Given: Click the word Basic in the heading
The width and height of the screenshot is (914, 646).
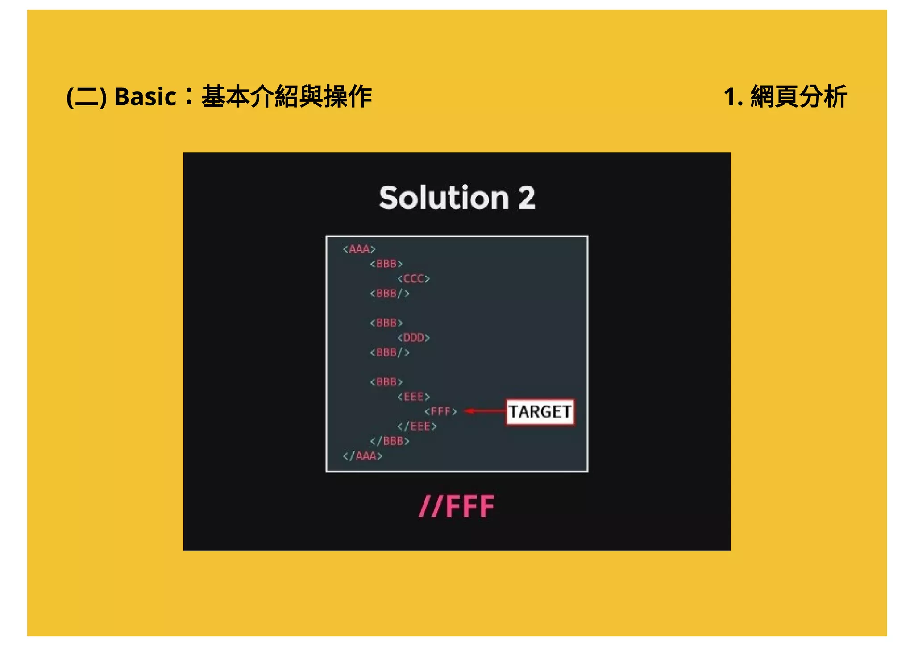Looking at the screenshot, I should [x=145, y=96].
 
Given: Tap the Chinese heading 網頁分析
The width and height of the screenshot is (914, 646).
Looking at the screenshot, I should [x=798, y=96].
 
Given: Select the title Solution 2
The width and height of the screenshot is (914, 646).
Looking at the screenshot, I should [x=457, y=197].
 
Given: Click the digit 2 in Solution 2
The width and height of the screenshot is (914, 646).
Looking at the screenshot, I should [x=527, y=197].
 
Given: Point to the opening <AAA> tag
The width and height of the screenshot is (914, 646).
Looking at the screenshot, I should [x=359, y=249].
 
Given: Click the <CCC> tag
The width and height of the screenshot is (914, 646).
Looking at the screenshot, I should [x=413, y=279].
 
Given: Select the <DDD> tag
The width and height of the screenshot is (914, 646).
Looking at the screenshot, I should [x=413, y=338].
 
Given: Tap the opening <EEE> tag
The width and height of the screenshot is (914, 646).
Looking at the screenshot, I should [x=413, y=397].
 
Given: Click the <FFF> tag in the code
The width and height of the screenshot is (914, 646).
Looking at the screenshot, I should [x=440, y=411].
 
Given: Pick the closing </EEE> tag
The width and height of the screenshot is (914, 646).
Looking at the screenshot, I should [x=417, y=427].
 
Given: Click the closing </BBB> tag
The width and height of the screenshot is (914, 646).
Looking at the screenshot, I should [x=390, y=441].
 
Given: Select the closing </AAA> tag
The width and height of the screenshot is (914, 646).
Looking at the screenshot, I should [x=362, y=456].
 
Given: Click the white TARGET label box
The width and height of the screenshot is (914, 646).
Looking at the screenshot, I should [x=540, y=412].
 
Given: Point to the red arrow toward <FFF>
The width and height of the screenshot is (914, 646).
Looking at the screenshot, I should [x=484, y=411].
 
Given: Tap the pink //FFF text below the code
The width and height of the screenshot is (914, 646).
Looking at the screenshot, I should [x=457, y=506].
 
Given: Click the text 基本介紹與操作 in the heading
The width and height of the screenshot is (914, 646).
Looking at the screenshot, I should [x=287, y=96].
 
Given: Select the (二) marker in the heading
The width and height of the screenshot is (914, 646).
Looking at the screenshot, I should [x=87, y=96].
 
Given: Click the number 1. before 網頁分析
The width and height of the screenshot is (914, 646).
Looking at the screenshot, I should [x=733, y=96].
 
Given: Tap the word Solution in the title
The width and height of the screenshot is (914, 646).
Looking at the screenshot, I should [x=444, y=197].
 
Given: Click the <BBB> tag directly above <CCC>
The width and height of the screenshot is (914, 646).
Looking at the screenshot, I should [x=386, y=264].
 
